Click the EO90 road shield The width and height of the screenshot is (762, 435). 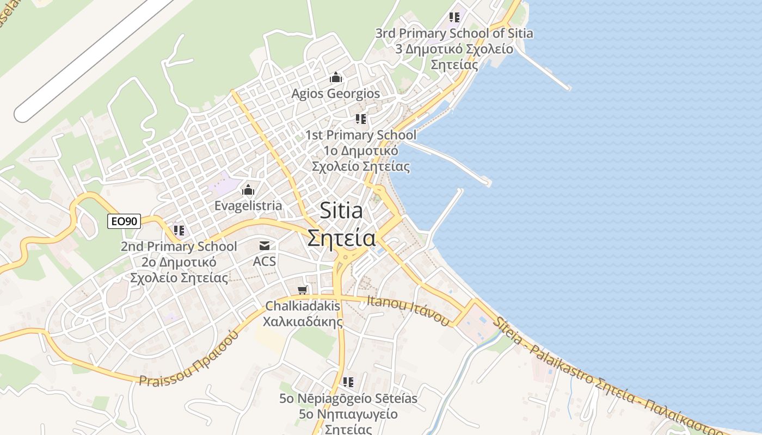(124, 221)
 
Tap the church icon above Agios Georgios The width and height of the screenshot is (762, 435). (336, 78)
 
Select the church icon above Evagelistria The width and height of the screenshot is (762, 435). (248, 190)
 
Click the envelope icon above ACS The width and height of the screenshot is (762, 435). (265, 246)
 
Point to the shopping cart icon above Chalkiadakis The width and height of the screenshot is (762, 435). (303, 290)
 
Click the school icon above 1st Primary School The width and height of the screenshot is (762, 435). (361, 119)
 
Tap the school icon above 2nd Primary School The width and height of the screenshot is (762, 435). (179, 231)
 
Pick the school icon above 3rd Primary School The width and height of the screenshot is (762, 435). (454, 17)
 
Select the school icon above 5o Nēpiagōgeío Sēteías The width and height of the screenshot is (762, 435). (348, 382)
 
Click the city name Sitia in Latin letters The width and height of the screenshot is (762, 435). (341, 210)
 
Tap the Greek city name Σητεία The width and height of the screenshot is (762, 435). (341, 238)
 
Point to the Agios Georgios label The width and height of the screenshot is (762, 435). (335, 94)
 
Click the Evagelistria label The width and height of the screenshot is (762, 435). (248, 206)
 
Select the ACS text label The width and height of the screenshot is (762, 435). (265, 262)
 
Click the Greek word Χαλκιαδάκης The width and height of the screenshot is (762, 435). (303, 321)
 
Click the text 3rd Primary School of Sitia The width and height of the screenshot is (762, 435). (454, 34)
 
